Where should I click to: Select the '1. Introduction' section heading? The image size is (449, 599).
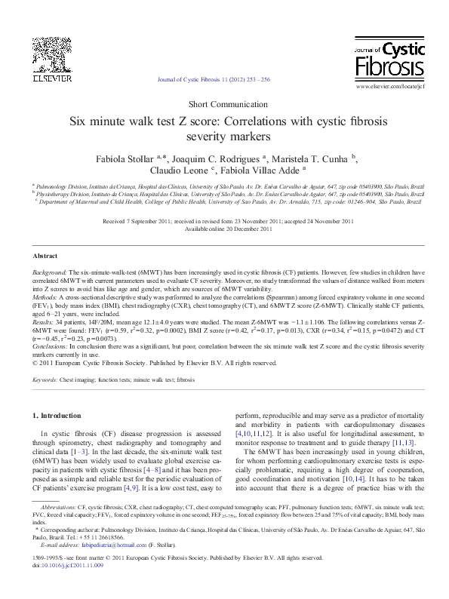(57, 416)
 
